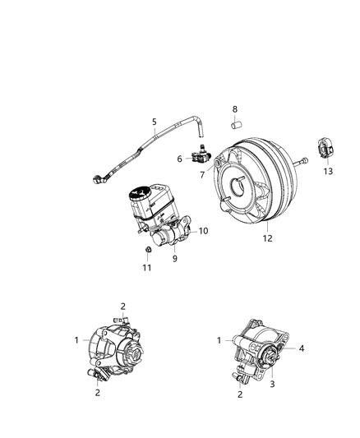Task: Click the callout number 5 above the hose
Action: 154,122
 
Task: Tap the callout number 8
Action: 233,109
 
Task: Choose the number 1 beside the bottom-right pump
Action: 219,339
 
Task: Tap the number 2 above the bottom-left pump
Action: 122,307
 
